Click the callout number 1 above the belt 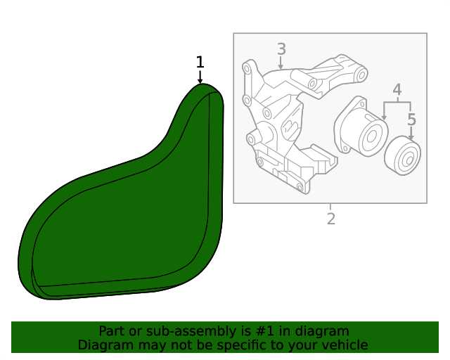click(x=200, y=62)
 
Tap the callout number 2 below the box click(x=331, y=219)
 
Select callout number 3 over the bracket click(x=281, y=49)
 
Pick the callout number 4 click(x=397, y=89)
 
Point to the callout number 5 click(x=411, y=120)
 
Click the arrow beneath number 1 click(x=200, y=77)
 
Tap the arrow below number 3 click(x=281, y=63)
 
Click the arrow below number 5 click(x=411, y=134)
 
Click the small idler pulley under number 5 click(x=403, y=155)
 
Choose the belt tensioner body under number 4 click(x=361, y=127)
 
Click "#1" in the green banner click(x=264, y=331)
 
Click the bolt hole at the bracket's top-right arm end click(x=361, y=75)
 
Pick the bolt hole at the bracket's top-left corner click(x=246, y=68)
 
